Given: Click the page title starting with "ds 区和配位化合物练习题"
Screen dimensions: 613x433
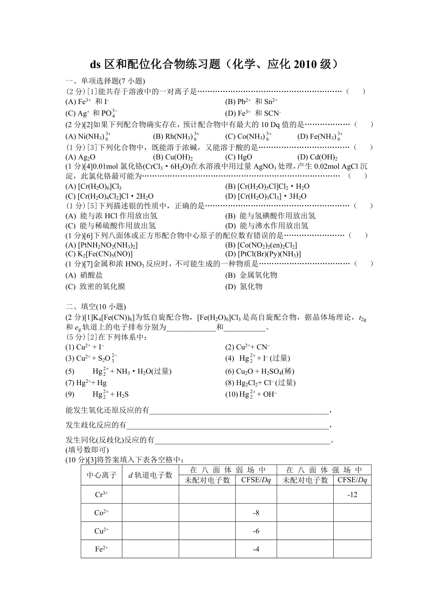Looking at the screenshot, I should click(214, 65).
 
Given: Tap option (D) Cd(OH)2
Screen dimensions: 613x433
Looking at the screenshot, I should click(317, 157).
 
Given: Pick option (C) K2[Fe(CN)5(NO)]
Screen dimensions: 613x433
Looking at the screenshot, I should click(99, 254).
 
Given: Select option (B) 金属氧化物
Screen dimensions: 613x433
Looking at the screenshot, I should click(251, 275).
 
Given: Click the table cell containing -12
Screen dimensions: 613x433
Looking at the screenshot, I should click(352, 494).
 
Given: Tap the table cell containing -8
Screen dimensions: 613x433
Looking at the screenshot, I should click(256, 513).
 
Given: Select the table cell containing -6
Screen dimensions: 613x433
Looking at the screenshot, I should click(256, 531).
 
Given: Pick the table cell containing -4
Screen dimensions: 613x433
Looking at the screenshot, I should click(256, 549).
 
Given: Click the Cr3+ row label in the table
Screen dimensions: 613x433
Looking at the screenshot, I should click(102, 494).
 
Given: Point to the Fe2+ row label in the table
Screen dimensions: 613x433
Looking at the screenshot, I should click(102, 549).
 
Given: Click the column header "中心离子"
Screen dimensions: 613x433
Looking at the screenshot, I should click(102, 475).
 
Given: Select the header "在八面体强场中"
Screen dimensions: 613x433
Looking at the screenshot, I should click(324, 470).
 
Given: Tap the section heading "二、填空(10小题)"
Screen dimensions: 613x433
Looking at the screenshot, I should click(96, 306).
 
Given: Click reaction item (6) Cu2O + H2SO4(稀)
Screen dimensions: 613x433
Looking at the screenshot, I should click(260, 371).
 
